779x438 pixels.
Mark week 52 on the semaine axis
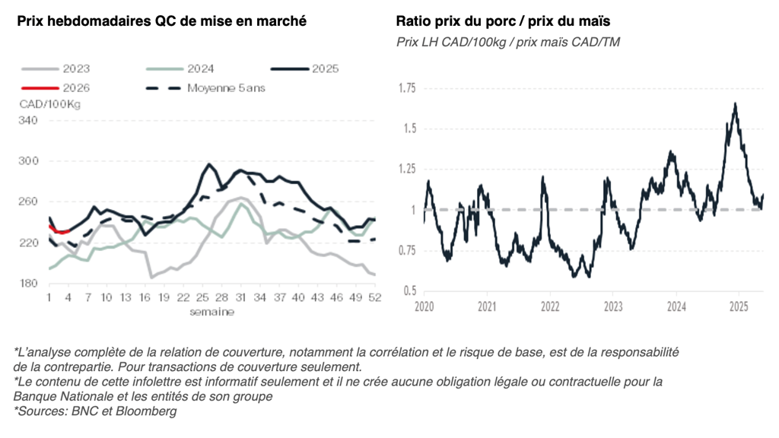coord(374,298)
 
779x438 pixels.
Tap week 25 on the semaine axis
coord(203,298)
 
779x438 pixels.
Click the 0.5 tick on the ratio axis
coord(411,290)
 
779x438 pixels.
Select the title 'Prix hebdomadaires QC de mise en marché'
coord(162,21)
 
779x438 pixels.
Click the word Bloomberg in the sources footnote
coord(151,412)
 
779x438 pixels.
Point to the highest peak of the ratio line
coord(735,103)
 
